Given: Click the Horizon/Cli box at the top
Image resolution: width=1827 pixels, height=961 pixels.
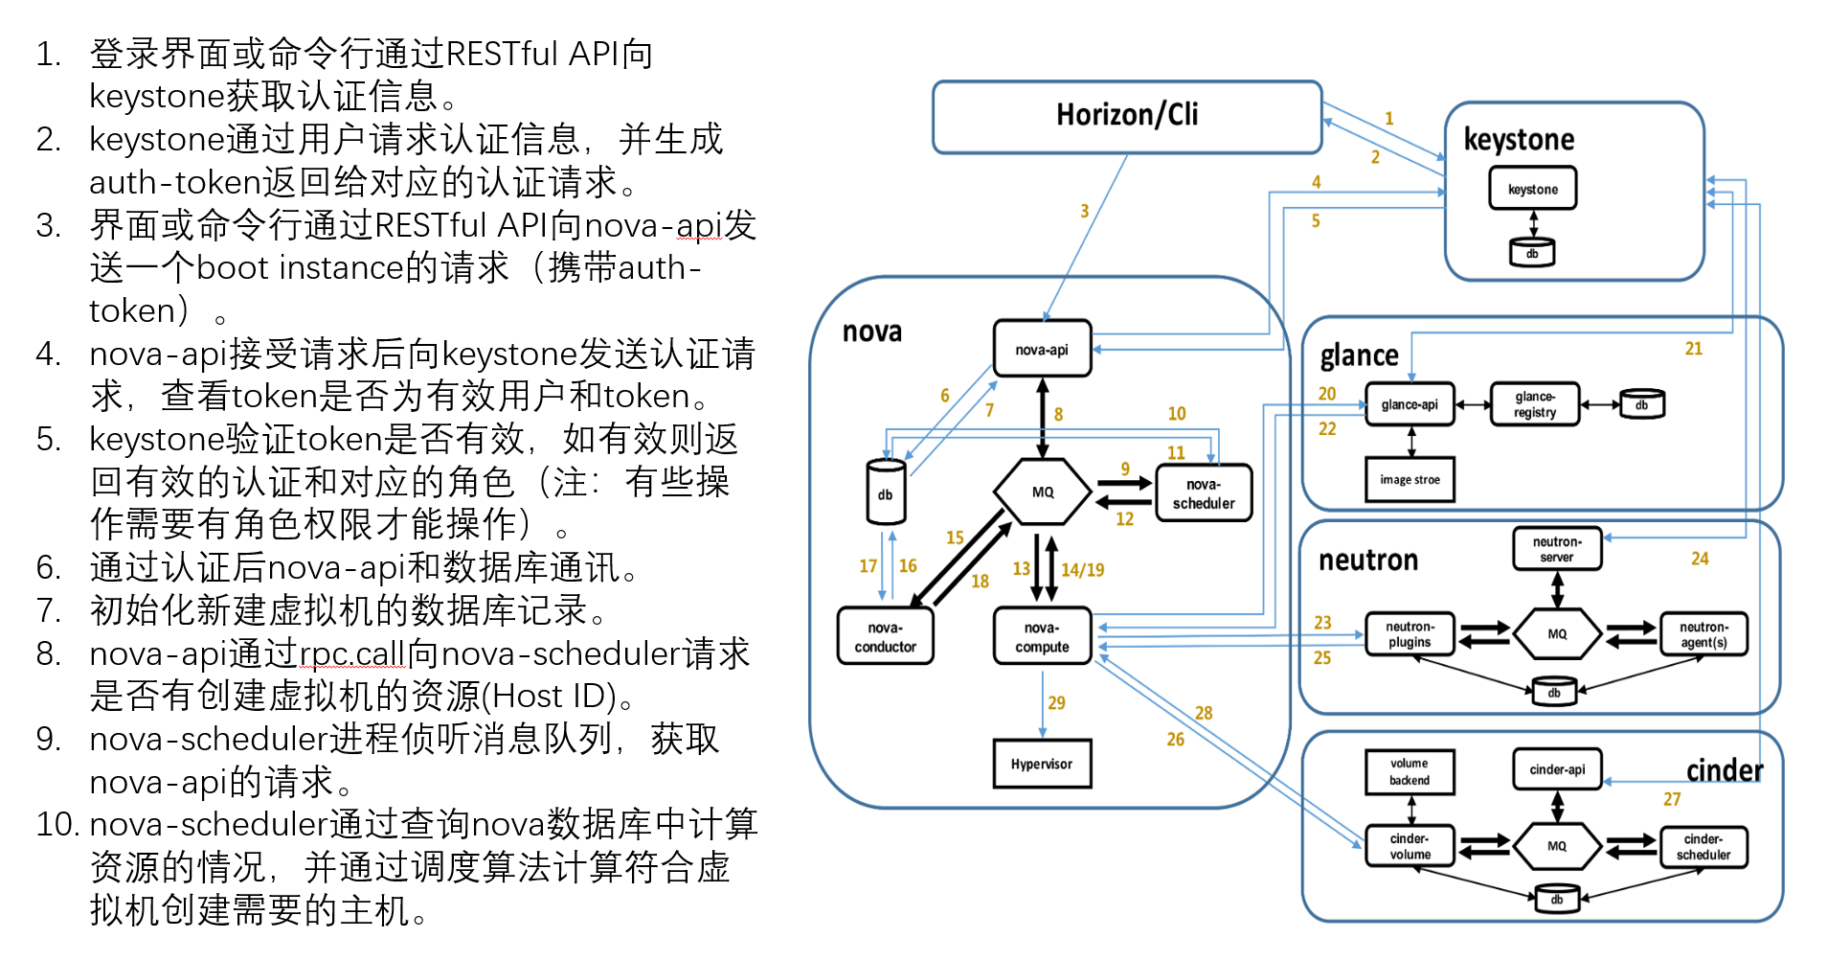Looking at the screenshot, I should (1127, 116).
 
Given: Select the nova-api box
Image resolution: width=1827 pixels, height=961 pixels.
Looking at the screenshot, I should (1042, 349).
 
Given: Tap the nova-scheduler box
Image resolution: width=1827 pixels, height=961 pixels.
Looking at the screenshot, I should (1204, 493).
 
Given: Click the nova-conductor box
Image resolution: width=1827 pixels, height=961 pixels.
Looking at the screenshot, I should (885, 636).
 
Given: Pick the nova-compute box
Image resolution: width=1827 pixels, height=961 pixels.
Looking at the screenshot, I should (1042, 636).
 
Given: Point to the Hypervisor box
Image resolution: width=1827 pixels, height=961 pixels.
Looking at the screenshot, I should (1042, 764).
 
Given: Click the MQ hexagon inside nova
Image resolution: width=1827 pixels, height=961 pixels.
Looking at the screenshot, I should (1042, 492).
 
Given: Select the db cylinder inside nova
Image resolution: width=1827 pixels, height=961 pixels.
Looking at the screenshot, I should (886, 492).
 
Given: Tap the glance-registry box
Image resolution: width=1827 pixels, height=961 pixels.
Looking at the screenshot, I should (1534, 404).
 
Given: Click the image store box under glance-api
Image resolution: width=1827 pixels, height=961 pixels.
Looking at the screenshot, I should (1410, 479).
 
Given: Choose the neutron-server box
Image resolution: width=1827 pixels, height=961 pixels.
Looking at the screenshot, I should (1557, 549).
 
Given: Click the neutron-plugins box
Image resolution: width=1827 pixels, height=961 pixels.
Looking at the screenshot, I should (1410, 634).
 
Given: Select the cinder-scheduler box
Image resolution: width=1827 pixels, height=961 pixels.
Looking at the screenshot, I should (1703, 847).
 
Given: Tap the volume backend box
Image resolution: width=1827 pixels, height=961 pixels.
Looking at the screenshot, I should (1410, 771).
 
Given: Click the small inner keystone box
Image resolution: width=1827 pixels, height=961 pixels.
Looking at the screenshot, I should (1532, 189).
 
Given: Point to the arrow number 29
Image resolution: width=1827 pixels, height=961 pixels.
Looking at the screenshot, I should (1056, 702).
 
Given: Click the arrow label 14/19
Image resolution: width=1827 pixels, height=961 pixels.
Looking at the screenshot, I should (1082, 570).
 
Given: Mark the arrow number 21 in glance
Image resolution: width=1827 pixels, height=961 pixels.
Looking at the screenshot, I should (1693, 349).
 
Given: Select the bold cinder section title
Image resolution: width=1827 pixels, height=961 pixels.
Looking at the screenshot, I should (1724, 770).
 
